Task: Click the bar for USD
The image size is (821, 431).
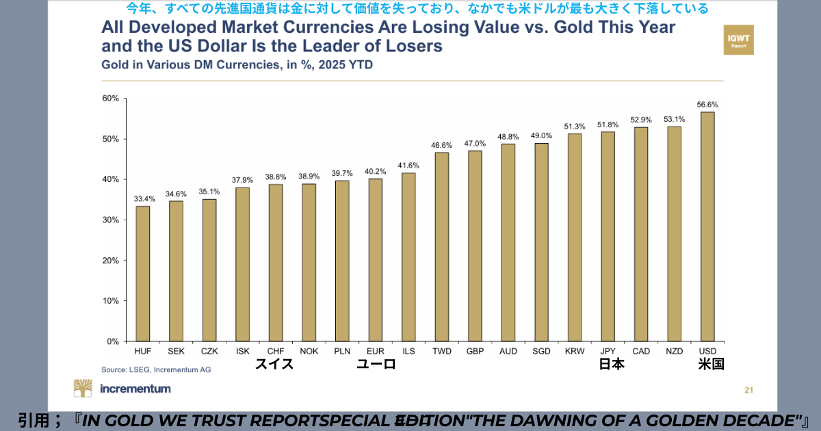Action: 707,226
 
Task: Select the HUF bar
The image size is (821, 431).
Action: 142,274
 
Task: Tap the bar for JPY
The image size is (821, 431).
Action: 608,236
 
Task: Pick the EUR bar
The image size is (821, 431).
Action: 375,260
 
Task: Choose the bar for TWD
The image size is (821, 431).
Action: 441,246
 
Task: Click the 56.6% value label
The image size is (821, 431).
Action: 707,105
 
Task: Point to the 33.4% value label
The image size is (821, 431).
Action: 144,199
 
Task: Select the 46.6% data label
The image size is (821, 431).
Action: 441,145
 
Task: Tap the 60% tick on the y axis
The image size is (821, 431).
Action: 110,99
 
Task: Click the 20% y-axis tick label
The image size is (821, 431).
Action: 110,261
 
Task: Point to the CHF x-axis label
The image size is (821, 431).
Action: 276,351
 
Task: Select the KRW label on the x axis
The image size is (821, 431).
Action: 575,351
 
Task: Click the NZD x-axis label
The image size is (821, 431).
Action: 674,351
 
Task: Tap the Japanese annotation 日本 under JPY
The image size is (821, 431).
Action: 612,365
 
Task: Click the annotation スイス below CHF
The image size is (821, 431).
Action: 274,365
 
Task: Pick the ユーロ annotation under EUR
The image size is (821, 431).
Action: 376,365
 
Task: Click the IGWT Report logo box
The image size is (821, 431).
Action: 738,40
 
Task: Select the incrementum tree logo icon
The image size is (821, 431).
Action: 83,389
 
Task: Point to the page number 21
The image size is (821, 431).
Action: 748,391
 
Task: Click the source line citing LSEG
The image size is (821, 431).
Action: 156,369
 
